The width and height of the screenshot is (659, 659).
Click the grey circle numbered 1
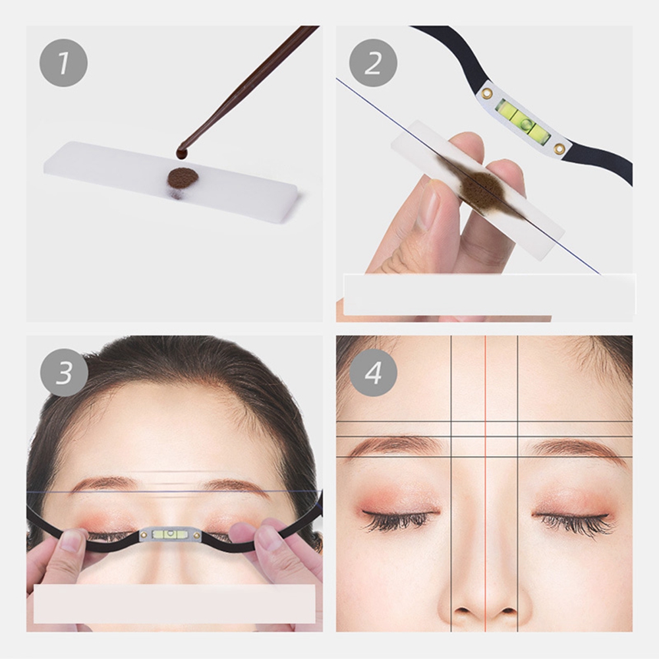pos(63,63)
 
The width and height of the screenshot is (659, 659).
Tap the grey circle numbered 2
pos(373,63)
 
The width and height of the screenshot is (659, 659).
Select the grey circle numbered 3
pos(64,372)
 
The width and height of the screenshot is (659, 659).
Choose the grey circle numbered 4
pos(373,372)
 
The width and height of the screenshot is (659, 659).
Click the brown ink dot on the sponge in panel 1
pos(183,178)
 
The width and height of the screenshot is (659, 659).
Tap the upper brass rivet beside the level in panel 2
pos(488,93)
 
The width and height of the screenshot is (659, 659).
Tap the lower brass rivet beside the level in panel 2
pos(559,148)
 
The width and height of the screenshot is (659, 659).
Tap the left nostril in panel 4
pos(459,610)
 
